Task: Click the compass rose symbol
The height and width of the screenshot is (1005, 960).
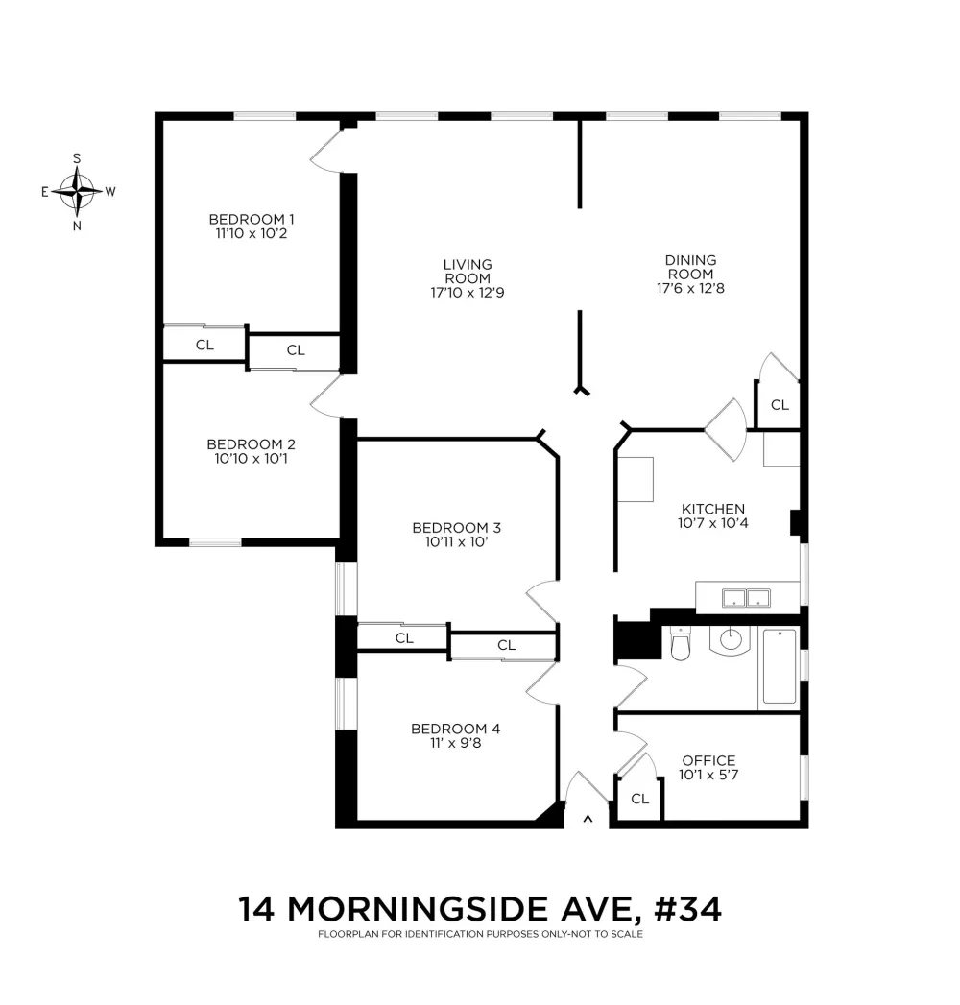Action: click(x=77, y=192)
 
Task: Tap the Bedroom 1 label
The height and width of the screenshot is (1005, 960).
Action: click(x=252, y=219)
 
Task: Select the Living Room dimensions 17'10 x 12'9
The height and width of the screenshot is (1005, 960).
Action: click(x=468, y=293)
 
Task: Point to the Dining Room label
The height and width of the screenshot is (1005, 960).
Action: click(x=690, y=267)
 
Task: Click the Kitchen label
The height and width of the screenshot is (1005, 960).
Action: click(x=712, y=509)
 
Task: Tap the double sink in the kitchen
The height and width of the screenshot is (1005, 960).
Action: click(x=746, y=598)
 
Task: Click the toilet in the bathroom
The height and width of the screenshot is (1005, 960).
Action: click(x=680, y=644)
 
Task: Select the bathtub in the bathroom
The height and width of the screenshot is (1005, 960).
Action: click(x=780, y=666)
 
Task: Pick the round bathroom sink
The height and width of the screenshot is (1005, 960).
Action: click(x=730, y=639)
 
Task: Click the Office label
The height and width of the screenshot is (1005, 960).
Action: click(x=708, y=761)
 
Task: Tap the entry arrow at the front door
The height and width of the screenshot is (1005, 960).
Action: click(x=588, y=820)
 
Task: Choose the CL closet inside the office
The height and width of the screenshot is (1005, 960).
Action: click(x=639, y=799)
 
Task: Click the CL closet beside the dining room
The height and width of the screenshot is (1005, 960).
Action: click(x=780, y=405)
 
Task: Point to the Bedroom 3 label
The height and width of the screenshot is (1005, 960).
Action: click(x=456, y=528)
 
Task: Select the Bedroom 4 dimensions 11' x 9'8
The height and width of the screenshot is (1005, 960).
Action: click(x=456, y=743)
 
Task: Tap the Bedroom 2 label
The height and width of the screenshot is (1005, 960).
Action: click(x=252, y=444)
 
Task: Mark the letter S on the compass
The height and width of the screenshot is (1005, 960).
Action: click(x=77, y=158)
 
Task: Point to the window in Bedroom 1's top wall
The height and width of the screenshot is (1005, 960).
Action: click(x=264, y=116)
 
